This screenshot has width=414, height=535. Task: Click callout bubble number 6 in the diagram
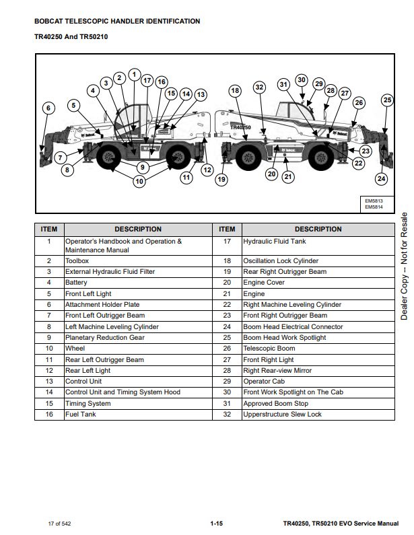(47, 108)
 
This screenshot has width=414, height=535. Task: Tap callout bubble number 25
(387, 100)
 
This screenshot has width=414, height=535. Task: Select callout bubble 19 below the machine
(221, 179)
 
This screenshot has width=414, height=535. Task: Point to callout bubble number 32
(259, 87)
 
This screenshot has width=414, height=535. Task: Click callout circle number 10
(139, 181)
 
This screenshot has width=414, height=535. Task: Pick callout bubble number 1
(134, 74)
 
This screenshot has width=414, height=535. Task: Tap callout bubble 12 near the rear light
(207, 170)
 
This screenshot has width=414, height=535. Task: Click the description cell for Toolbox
(77, 260)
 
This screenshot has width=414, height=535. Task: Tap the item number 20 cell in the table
(227, 283)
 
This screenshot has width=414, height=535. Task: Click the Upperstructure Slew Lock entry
(282, 415)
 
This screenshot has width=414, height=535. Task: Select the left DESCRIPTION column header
(138, 229)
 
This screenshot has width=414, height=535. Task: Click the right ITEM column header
(227, 229)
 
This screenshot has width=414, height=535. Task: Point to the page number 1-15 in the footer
(216, 523)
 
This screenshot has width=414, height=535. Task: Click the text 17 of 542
(59, 523)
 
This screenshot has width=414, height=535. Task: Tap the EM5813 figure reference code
(374, 201)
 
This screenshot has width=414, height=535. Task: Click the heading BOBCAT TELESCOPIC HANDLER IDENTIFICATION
(117, 22)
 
